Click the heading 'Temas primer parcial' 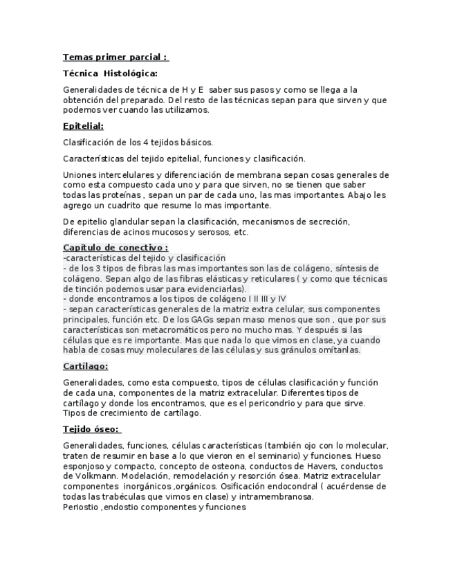(x=115, y=57)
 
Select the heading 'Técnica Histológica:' (x=110, y=73)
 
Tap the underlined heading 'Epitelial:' (x=83, y=126)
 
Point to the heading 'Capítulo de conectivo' (x=115, y=247)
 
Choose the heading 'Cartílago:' (x=85, y=366)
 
